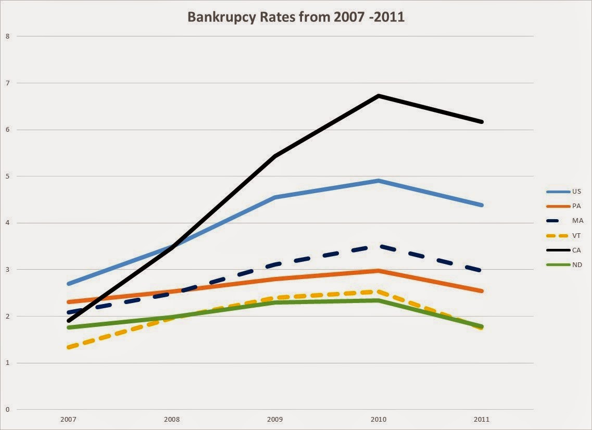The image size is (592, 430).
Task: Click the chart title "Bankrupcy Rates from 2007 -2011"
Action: (296, 17)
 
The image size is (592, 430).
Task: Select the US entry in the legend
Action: (576, 191)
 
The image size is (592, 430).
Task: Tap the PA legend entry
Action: (576, 206)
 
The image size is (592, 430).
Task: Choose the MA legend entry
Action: (576, 220)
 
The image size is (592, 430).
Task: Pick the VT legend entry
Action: (576, 235)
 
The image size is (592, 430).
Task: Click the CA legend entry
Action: (576, 250)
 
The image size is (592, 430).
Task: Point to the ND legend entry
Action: (576, 265)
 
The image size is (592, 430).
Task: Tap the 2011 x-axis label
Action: (482, 419)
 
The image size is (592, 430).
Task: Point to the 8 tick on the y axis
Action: (7, 36)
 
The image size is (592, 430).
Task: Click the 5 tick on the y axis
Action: (7, 176)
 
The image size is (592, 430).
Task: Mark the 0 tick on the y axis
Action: (7, 409)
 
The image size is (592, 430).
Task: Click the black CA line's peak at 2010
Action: (379, 96)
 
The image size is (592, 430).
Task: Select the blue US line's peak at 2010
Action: (379, 181)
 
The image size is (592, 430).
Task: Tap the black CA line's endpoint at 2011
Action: (482, 122)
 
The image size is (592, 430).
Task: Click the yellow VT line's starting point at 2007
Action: (69, 347)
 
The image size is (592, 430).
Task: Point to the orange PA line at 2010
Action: (379, 271)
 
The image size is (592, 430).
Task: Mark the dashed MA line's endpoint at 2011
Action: (481, 270)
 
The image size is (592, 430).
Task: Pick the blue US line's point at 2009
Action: (275, 197)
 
